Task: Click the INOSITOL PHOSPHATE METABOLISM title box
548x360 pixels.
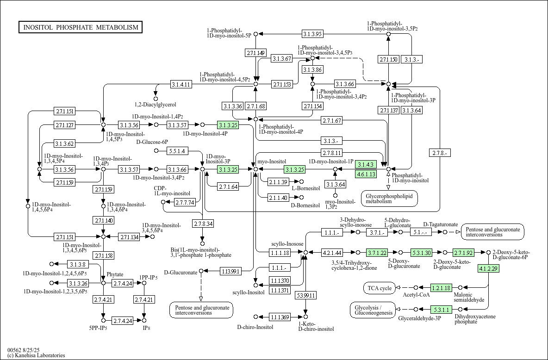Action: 81,27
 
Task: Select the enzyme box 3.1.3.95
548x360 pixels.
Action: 312,34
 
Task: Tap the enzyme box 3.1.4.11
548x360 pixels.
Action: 181,84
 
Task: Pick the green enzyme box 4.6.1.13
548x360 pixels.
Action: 366,174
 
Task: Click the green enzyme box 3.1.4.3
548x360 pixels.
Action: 366,165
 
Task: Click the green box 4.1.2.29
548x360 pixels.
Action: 488,269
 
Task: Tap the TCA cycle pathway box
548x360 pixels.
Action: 380,288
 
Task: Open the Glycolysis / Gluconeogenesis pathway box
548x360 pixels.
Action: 373,310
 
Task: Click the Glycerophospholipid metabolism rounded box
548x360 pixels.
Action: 389,199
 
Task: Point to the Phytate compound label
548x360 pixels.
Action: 115,275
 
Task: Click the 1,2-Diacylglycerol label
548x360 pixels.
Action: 156,105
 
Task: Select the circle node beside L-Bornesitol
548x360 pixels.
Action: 302,182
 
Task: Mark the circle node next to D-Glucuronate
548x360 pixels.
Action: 201,271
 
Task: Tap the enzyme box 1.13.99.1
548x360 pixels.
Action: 230,271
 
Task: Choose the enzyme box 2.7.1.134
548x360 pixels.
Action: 129,237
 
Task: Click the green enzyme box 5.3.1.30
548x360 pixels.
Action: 422,252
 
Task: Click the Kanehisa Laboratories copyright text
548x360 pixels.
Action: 36,355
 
